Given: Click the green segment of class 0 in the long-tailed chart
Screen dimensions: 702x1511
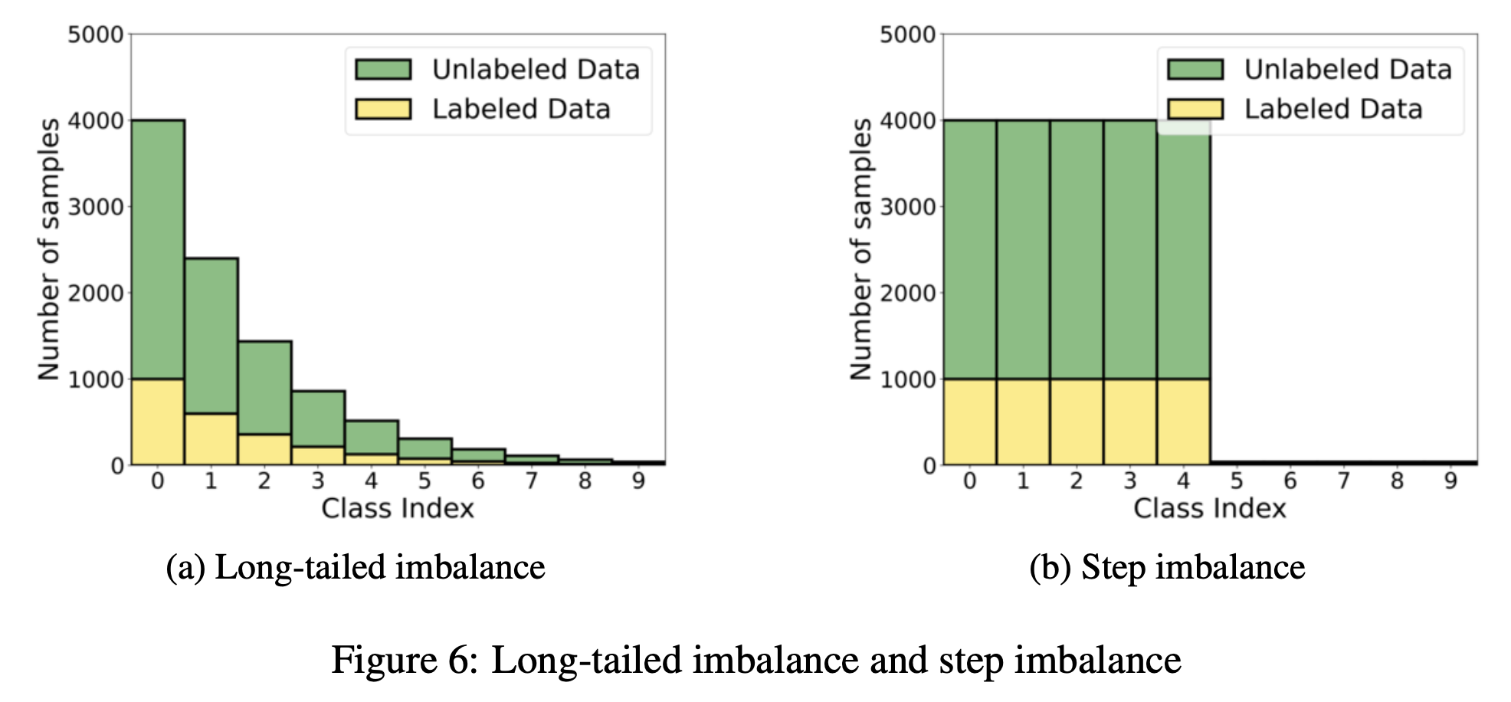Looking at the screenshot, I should [x=158, y=249].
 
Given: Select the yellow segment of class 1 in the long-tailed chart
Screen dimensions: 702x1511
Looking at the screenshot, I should [x=211, y=438].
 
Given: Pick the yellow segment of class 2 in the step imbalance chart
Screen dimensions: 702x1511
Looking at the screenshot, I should [x=1077, y=422].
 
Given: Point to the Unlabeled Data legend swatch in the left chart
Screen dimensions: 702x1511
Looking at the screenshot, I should [x=383, y=70].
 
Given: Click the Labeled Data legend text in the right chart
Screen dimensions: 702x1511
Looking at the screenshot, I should [x=1333, y=109].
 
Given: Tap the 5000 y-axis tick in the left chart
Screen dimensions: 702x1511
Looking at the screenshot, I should [x=95, y=34].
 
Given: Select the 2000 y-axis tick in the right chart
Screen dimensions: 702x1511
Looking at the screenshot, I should [x=907, y=293].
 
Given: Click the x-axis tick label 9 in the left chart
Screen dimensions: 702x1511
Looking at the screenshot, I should [x=638, y=481].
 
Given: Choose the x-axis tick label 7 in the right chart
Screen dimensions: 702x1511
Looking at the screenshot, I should [x=1343, y=481].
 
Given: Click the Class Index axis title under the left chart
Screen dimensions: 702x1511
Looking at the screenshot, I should [x=398, y=508].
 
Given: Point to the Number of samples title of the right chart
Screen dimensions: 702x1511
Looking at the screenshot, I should [x=861, y=248].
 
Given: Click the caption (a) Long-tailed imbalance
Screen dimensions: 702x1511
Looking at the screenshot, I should [x=356, y=568].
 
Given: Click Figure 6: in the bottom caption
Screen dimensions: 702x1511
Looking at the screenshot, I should [x=405, y=661].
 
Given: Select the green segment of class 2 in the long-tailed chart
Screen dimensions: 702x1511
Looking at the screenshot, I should [x=264, y=387].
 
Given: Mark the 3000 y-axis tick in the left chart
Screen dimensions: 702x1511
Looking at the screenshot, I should [x=95, y=207].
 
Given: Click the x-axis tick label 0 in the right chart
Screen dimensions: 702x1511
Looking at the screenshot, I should [x=969, y=481].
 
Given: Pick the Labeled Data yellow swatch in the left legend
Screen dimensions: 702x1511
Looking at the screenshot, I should [x=383, y=109].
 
